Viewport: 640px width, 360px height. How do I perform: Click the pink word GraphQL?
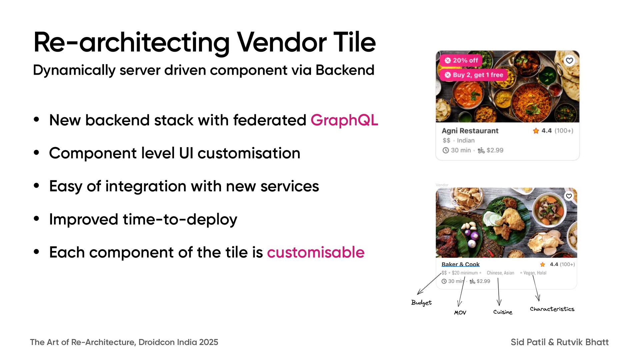coord(344,120)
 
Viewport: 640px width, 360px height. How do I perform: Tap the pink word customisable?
coord(316,252)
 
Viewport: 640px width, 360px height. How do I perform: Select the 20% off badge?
coord(461,60)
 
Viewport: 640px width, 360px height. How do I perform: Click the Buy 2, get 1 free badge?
coord(474,75)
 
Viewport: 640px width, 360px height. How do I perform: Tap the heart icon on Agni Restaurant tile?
coord(569,60)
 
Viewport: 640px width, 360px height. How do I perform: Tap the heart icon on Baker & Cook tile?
coord(569,196)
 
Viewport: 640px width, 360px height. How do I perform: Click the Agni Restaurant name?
coord(470,131)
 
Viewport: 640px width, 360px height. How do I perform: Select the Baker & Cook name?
coord(460,264)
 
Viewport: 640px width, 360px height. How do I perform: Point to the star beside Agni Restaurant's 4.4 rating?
coord(536,131)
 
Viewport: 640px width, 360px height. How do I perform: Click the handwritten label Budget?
coord(421,302)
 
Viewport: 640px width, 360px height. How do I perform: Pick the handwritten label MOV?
coord(460,313)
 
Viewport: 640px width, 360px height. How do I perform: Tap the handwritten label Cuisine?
coord(503,312)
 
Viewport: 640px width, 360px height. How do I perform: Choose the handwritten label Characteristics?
coord(552,309)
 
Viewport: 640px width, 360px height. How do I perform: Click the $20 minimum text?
coord(465,273)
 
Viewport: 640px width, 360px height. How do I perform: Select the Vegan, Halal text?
coord(535,273)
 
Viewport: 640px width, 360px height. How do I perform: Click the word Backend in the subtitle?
coord(345,70)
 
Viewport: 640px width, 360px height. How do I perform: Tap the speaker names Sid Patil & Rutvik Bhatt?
coord(559,342)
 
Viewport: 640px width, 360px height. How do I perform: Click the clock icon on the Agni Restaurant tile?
coord(446,150)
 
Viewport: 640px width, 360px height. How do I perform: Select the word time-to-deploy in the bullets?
coord(180,219)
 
